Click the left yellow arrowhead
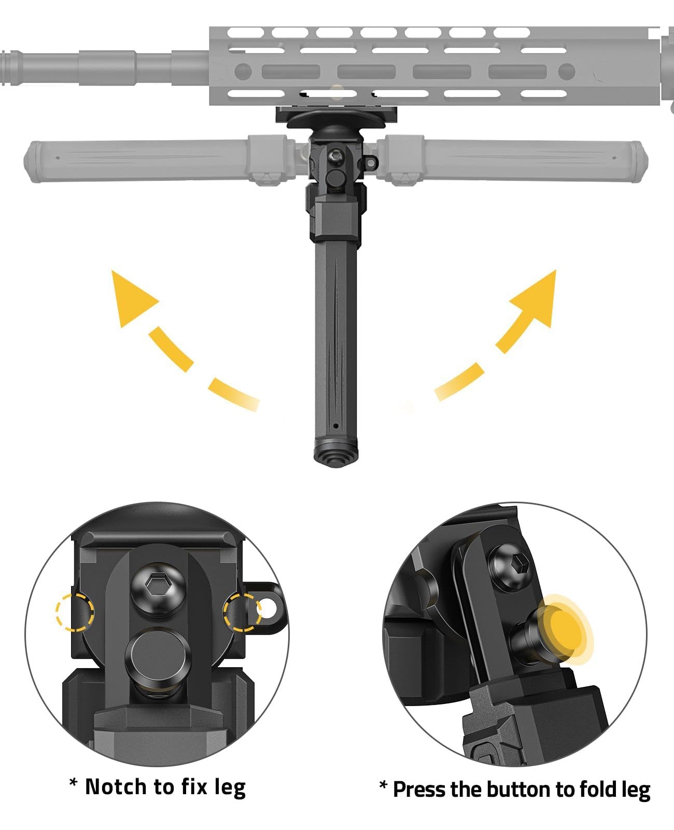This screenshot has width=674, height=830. coord(130,298)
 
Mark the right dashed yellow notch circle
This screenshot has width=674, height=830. coord(242,612)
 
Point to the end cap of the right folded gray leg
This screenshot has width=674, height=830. coord(641,161)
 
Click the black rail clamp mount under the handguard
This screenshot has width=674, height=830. coord(336,115)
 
